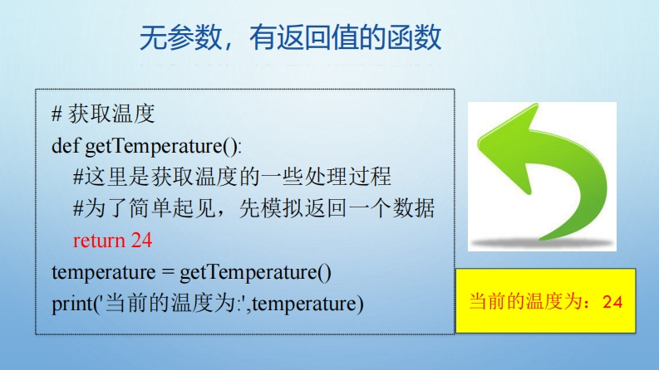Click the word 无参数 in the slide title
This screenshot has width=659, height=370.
[180, 38]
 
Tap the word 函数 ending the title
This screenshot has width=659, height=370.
[414, 38]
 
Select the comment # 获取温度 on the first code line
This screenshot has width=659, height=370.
[103, 114]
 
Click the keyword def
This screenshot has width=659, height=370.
[65, 146]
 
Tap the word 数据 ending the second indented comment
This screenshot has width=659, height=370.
[414, 208]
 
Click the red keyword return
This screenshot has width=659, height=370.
[99, 241]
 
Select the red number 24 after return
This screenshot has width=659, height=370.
[141, 241]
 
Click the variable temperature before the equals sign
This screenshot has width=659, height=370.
[103, 273]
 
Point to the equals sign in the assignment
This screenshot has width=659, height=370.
[168, 272]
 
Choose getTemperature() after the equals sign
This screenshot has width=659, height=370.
[255, 273]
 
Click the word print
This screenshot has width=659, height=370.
[71, 304]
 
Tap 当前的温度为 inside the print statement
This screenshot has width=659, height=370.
[170, 304]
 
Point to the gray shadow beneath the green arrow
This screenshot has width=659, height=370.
[542, 242]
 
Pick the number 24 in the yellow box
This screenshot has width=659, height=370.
[612, 302]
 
